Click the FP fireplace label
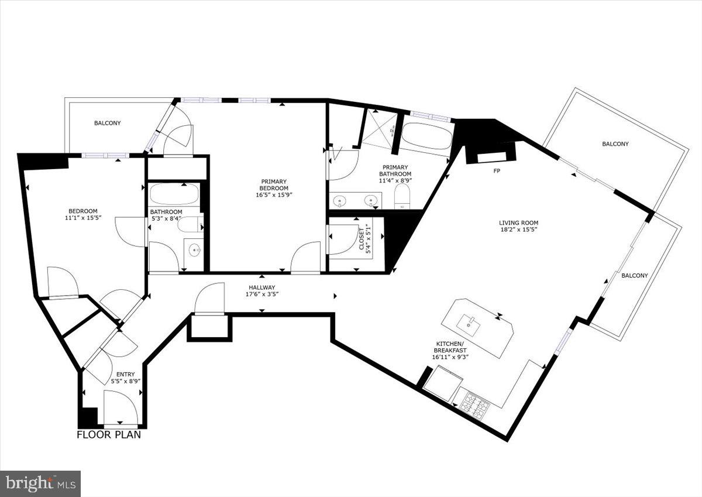(x=497, y=171)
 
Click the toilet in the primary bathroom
(x=402, y=196)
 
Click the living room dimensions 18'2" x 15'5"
(x=518, y=229)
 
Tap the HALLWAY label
(x=262, y=287)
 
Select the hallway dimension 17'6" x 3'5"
(x=262, y=294)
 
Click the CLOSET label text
(x=362, y=239)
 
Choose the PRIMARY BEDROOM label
(x=274, y=184)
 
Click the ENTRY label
(x=125, y=374)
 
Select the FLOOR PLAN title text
(x=109, y=434)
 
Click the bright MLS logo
(x=40, y=484)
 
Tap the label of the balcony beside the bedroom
(x=108, y=123)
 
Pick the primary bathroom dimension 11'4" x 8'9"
(x=395, y=180)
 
